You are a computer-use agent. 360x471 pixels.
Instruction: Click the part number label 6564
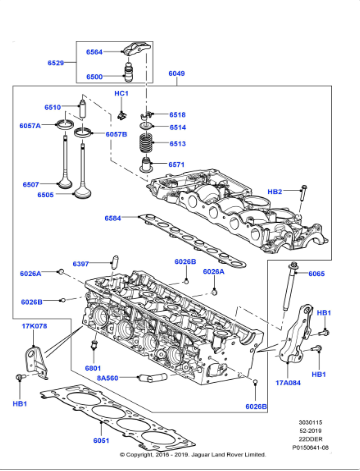(94, 50)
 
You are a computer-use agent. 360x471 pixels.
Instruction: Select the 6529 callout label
(57, 63)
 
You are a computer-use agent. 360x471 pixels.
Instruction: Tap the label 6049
(177, 73)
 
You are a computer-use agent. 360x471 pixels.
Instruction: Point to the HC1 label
(120, 93)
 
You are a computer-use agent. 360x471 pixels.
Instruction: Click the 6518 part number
(177, 115)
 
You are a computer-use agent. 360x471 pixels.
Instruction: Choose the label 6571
(177, 164)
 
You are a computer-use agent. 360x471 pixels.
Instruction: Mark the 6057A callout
(30, 126)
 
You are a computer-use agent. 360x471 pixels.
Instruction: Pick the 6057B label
(117, 133)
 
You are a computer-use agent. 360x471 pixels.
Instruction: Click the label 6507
(31, 184)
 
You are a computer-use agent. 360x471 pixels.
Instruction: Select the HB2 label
(275, 190)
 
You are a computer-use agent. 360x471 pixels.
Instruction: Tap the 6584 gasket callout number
(113, 217)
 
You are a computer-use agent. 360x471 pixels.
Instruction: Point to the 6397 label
(81, 264)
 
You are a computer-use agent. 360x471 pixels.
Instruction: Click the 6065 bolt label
(316, 273)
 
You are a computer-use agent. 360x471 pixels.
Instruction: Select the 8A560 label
(107, 378)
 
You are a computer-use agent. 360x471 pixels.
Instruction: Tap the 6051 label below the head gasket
(101, 440)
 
